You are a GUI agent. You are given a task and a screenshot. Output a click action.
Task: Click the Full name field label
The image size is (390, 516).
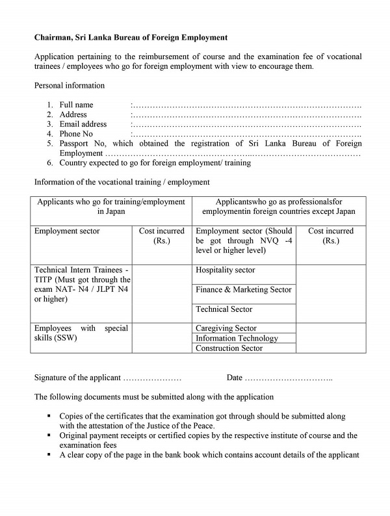(76, 105)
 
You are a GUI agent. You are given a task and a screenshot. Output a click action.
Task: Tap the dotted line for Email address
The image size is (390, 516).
(246, 124)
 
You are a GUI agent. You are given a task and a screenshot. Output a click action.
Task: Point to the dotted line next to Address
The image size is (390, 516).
(246, 114)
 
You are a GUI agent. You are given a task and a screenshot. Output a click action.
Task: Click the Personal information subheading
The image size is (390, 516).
(69, 86)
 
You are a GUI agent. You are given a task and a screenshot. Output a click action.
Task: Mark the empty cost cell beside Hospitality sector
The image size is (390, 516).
(331, 292)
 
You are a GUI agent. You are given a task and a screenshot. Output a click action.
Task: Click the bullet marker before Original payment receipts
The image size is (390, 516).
(49, 435)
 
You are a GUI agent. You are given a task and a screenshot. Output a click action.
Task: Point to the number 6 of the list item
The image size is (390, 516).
(49, 163)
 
